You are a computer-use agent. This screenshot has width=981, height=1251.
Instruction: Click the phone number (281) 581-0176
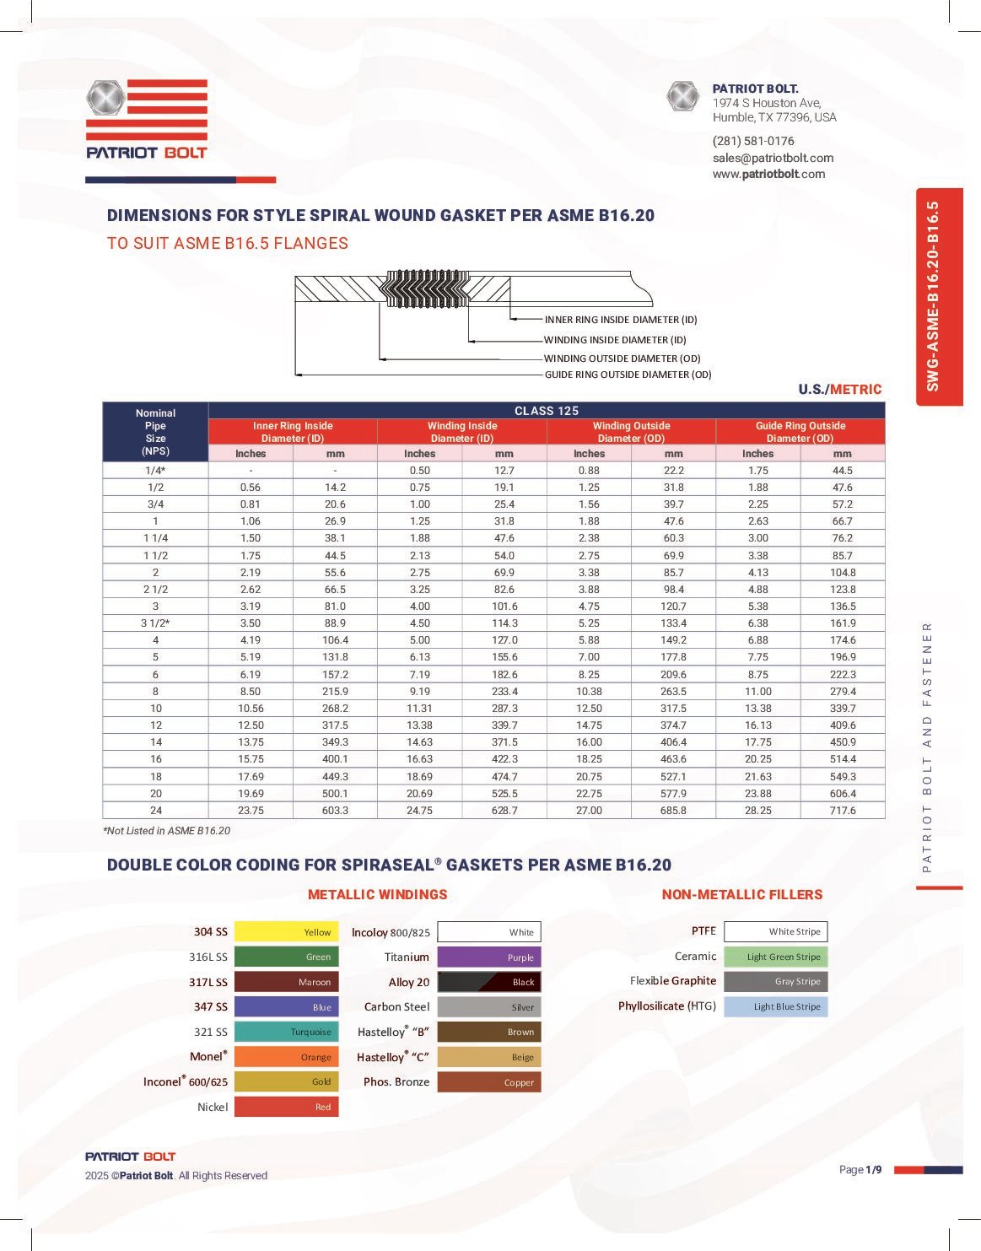tap(753, 141)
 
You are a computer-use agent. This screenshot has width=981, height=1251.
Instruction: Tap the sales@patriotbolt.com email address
tap(773, 158)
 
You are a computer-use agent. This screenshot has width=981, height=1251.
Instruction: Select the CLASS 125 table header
tap(547, 411)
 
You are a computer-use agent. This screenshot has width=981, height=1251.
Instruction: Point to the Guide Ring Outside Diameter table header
tap(800, 432)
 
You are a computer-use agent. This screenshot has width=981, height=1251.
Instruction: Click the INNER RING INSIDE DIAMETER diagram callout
tap(621, 320)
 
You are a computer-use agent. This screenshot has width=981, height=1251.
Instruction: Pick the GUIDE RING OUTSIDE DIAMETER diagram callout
tap(628, 375)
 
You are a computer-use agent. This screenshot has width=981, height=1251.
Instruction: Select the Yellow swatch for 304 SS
tap(286, 932)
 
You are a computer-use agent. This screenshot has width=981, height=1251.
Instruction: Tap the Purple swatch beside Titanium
tap(489, 957)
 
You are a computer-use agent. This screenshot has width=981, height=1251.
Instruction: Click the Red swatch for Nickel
tap(286, 1107)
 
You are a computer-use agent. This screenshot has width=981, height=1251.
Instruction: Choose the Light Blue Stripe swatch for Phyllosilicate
tap(776, 1006)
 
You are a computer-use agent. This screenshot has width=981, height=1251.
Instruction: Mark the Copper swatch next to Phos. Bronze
tap(489, 1082)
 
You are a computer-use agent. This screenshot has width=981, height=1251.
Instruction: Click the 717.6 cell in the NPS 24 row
tap(842, 811)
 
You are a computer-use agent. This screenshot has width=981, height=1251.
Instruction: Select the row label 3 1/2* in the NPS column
tap(155, 623)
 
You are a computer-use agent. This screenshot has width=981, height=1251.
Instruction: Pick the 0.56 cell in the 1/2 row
tap(250, 488)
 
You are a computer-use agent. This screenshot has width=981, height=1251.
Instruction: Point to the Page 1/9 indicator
tap(860, 1169)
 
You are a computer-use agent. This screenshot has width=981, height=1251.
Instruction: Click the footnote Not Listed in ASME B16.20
tap(167, 831)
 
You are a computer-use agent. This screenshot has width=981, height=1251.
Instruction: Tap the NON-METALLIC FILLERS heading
tap(741, 894)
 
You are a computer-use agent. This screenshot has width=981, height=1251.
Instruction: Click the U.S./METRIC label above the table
tap(839, 389)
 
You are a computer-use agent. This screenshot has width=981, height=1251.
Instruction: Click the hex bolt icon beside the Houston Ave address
tap(682, 97)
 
